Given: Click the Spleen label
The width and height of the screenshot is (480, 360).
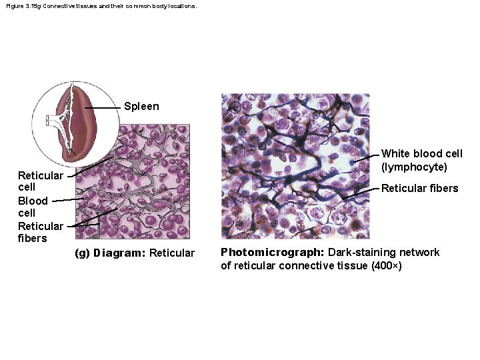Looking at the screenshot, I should (x=141, y=107).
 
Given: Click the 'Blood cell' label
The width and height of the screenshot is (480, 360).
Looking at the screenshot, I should (x=33, y=207).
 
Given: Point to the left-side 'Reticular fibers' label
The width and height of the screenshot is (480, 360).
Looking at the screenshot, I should (x=40, y=232).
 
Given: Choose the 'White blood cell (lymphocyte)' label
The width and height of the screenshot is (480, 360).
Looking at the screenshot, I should (x=421, y=160).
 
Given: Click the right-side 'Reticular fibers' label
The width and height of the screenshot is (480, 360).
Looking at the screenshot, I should (x=419, y=189).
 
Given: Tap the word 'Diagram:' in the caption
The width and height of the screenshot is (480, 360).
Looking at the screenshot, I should (x=120, y=253).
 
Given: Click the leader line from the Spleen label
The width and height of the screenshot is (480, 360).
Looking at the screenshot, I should (x=103, y=107).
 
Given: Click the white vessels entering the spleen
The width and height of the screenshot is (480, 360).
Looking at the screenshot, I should (x=52, y=121).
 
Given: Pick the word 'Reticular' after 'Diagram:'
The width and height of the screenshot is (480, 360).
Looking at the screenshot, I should (x=172, y=253).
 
